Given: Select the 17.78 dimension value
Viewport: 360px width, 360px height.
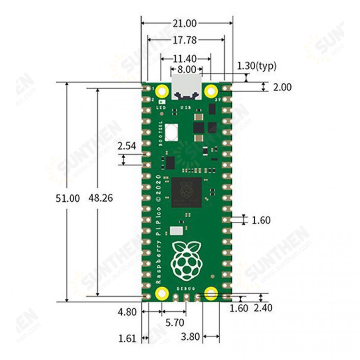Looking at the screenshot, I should click(185, 40).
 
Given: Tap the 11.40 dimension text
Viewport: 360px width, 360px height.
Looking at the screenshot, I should click(185, 59).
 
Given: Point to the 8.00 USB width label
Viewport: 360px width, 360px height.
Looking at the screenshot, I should click(186, 69).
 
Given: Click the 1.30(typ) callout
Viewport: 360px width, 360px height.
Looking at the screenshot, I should click(257, 66).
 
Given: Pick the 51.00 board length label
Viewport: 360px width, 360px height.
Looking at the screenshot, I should click(67, 198).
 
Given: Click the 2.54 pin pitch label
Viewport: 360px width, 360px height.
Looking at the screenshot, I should click(127, 146).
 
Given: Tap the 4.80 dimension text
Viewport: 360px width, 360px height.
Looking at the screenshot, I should click(127, 312).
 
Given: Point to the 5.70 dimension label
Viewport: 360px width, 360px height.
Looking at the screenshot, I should click(174, 323).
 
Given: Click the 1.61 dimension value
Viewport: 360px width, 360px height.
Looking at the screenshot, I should click(127, 338).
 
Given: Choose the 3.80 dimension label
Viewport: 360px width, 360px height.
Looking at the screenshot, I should click(190, 336).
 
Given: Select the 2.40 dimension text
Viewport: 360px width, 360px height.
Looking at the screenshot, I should click(263, 308).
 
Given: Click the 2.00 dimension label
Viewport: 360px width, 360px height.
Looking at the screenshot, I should click(282, 87).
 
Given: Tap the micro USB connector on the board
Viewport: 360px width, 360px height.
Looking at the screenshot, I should click(186, 87).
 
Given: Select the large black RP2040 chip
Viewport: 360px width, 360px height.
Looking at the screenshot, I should click(186, 192).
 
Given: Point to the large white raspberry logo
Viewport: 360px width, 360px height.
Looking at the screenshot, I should click(187, 261).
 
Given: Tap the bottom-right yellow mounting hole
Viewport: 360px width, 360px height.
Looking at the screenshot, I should click(211, 293).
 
